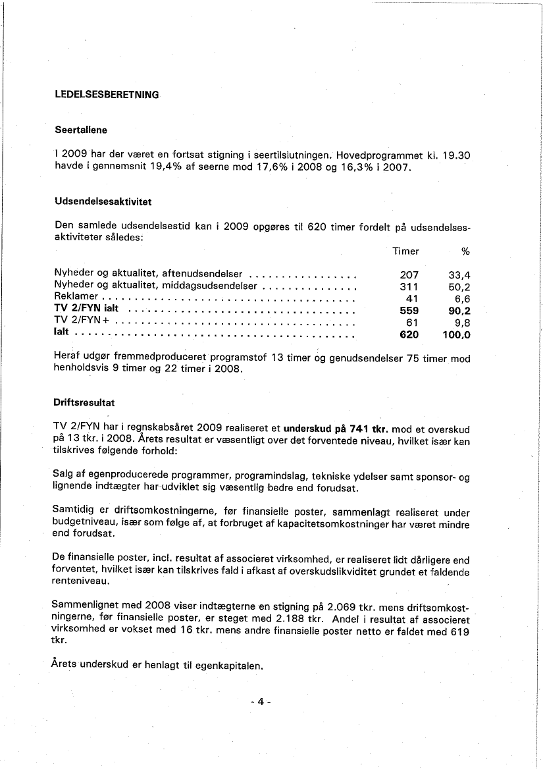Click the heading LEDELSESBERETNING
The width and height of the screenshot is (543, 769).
pyautogui.click(x=107, y=94)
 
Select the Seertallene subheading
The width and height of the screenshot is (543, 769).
pyautogui.click(x=81, y=130)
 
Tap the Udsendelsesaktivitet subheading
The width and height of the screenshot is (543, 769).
pyautogui.click(x=103, y=200)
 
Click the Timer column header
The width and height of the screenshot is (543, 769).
pyautogui.click(x=405, y=251)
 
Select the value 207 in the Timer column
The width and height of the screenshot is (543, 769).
pyautogui.click(x=409, y=275)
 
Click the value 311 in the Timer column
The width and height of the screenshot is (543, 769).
pyautogui.click(x=409, y=287)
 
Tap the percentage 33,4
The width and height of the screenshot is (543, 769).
pyautogui.click(x=459, y=275)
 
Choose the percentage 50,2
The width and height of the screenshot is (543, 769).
pyautogui.click(x=459, y=287)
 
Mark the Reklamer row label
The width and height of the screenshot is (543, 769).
pyautogui.click(x=76, y=298)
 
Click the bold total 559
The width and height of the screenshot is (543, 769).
pyautogui.click(x=409, y=310)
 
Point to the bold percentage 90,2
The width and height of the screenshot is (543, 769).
pyautogui.click(x=459, y=310)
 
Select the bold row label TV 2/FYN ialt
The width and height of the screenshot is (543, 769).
pyautogui.click(x=86, y=309)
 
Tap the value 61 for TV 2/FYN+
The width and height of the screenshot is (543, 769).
pyautogui.click(x=413, y=322)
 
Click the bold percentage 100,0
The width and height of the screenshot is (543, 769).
pyautogui.click(x=457, y=334)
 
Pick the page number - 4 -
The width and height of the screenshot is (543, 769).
pyautogui.click(x=261, y=702)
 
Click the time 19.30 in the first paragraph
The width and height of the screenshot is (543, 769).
pyautogui.click(x=456, y=155)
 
